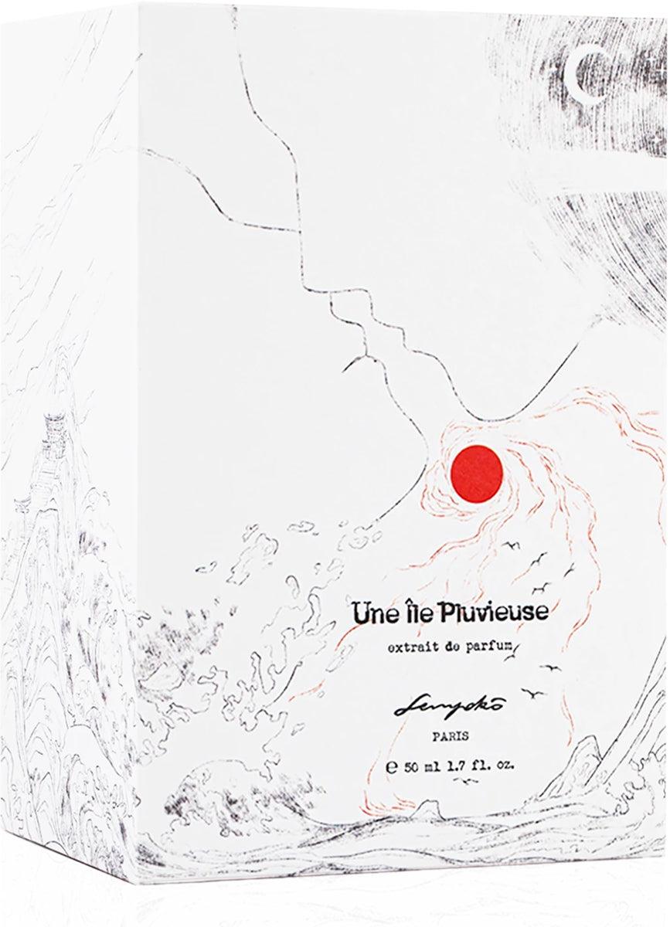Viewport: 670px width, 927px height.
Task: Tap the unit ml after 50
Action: pos(437,767)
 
